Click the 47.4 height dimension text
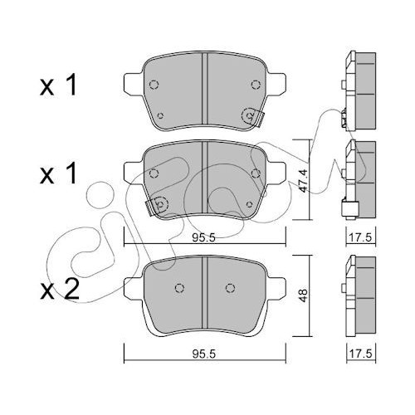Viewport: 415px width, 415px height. pyautogui.click(x=303, y=181)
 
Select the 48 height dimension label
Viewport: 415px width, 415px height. pyautogui.click(x=303, y=295)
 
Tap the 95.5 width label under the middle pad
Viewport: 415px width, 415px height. pyautogui.click(x=203, y=238)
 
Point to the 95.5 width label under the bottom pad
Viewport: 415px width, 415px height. pyautogui.click(x=203, y=354)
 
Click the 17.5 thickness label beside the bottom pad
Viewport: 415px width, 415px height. pyautogui.click(x=360, y=354)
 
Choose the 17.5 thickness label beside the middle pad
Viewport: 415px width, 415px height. pyautogui.click(x=360, y=238)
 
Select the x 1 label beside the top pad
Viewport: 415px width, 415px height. pyautogui.click(x=58, y=85)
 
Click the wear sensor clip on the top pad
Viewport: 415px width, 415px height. pyautogui.click(x=252, y=117)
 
